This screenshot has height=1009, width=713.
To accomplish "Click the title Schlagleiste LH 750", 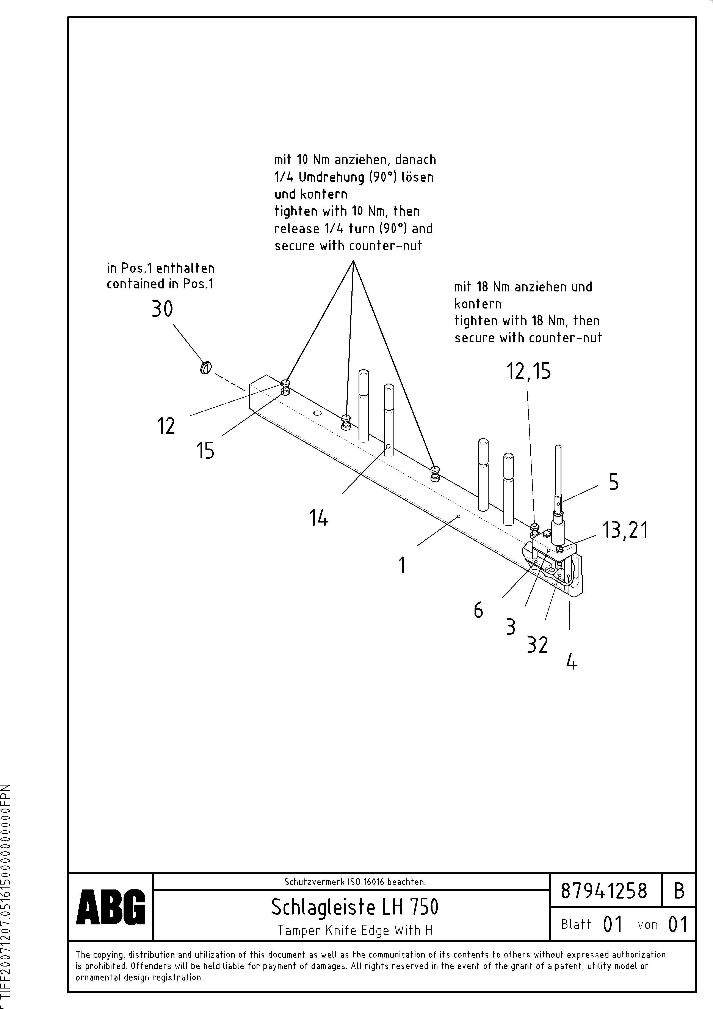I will coord(354,907).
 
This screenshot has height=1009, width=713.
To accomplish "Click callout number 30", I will coord(162,309).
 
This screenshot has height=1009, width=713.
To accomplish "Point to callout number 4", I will coord(571,661).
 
